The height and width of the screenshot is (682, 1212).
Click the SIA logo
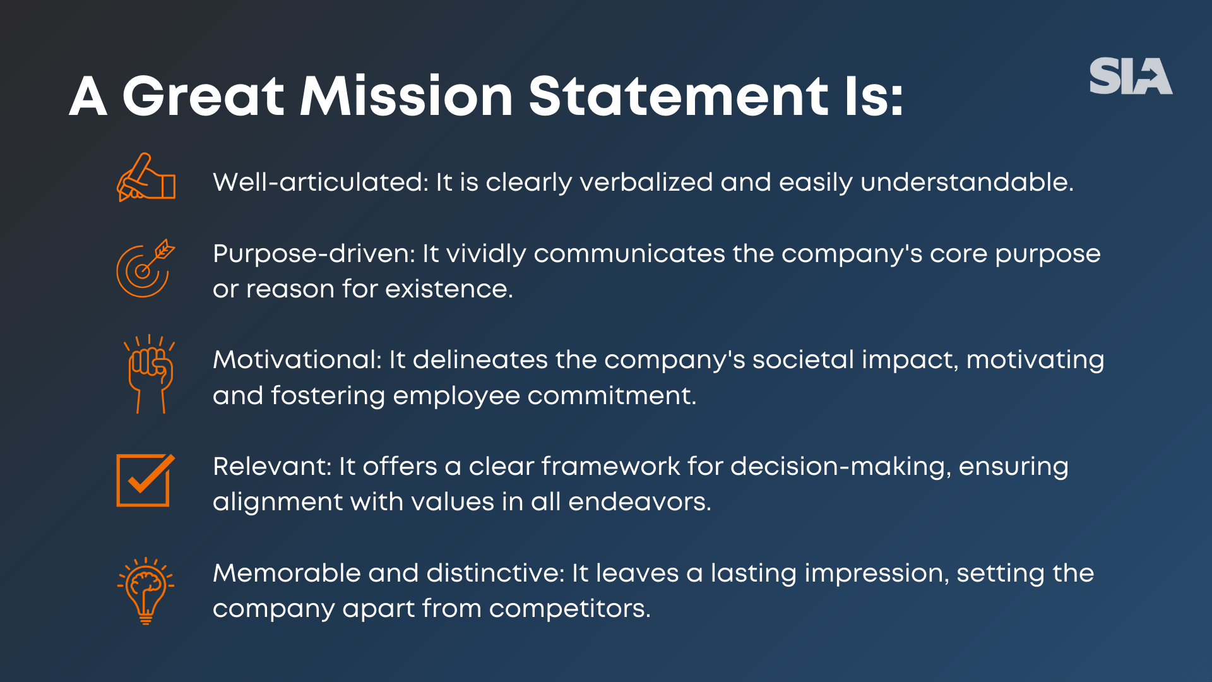(x=1131, y=76)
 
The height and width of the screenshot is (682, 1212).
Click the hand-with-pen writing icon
(x=146, y=177)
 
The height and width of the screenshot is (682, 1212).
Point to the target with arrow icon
(x=145, y=269)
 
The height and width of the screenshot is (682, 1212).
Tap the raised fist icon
(x=150, y=374)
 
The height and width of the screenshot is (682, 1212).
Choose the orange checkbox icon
(x=145, y=480)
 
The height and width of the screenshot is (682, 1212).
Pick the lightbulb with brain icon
(x=146, y=590)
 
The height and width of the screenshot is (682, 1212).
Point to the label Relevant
(x=271, y=467)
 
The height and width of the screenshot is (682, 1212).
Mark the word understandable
(x=966, y=182)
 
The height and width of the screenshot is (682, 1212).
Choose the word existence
(x=448, y=289)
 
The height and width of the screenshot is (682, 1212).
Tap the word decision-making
(x=840, y=467)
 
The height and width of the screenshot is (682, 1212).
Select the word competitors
(x=569, y=609)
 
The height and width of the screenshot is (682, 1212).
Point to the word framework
(x=610, y=467)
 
